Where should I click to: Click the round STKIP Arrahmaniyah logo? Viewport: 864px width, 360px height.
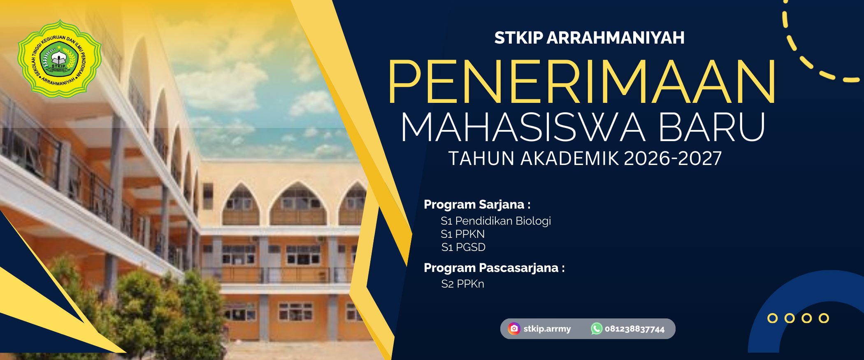[x=60, y=58]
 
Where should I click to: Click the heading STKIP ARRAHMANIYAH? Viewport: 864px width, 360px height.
[x=589, y=38]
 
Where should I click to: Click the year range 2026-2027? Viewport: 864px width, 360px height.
[x=673, y=158]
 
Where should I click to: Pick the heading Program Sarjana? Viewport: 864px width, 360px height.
[x=477, y=204]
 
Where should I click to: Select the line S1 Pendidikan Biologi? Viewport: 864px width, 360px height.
[x=496, y=221]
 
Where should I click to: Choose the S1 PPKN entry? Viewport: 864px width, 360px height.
[x=463, y=234]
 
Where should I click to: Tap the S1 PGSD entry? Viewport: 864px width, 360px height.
[x=463, y=247]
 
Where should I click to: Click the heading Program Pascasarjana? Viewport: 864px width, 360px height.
[x=494, y=268]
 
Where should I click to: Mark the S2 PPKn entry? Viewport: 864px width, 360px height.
[x=462, y=284]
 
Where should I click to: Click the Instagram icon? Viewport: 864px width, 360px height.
[x=514, y=329]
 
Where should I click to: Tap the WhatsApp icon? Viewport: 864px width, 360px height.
[x=597, y=329]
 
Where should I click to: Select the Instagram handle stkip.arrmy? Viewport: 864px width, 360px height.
[x=547, y=329]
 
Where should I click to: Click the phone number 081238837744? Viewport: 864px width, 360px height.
[x=634, y=329]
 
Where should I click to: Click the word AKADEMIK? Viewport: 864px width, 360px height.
[x=569, y=158]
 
